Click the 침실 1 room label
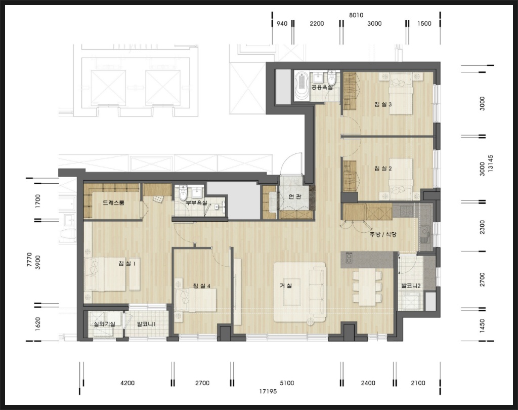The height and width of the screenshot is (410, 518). tap(127, 264)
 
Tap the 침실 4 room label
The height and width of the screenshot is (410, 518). tap(201, 285)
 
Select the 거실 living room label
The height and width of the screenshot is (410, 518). tap(286, 285)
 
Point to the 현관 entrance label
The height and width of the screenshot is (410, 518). tap(295, 197)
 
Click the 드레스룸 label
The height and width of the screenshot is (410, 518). tap(113, 202)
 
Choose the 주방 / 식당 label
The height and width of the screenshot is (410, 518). tap(383, 234)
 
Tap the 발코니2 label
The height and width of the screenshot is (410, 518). tap(411, 285)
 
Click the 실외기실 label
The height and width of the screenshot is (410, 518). tap(104, 324)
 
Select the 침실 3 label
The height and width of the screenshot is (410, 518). tap(383, 104)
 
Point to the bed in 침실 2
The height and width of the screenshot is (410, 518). tap(401, 179)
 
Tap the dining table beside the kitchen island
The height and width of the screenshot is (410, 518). tap(367, 286)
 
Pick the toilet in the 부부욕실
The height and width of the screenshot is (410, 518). tap(183, 193)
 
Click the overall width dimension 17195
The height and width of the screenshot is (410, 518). tap(268, 391)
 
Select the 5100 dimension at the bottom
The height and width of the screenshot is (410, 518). tap(287, 383)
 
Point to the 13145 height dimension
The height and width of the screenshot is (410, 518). tap(491, 163)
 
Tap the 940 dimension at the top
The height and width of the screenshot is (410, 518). tap(282, 23)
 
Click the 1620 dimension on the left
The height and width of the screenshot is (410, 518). tap(37, 324)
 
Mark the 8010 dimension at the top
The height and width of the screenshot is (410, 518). tap(356, 15)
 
